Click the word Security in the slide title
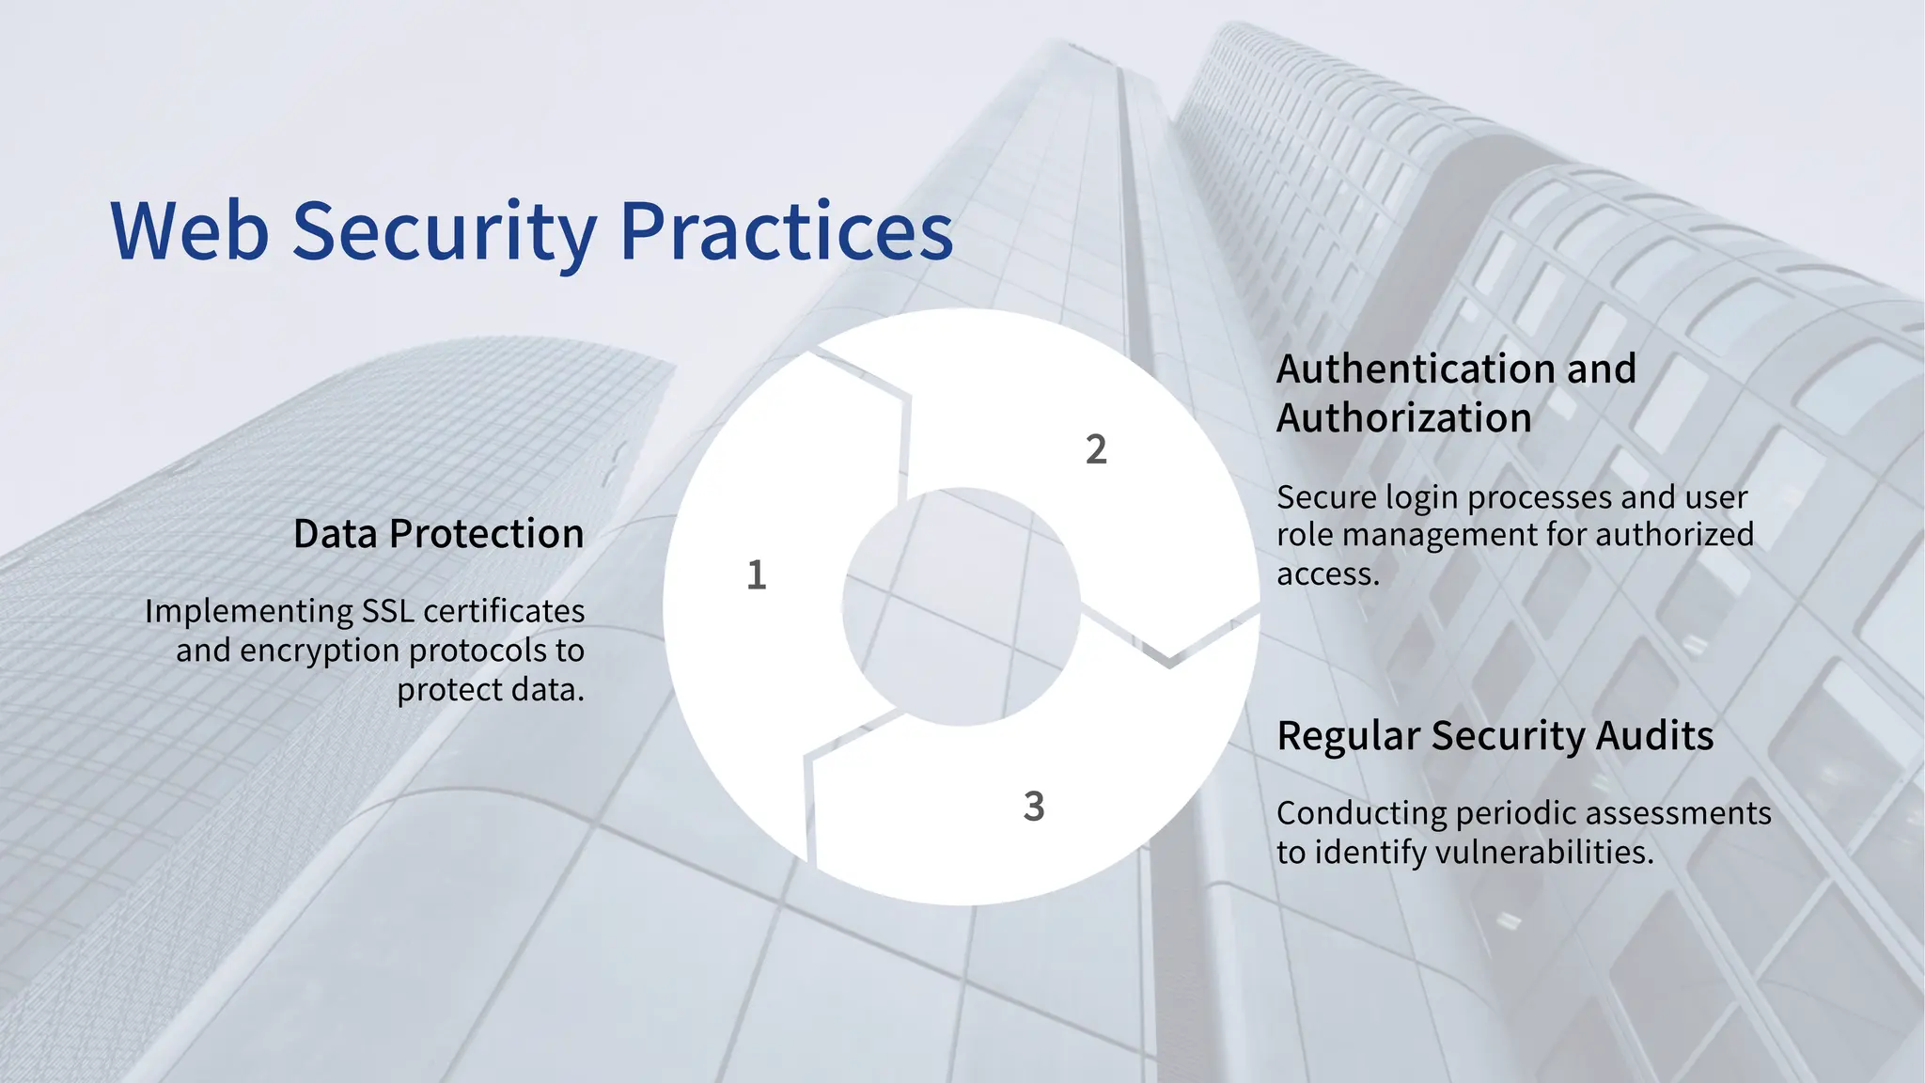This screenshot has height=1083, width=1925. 444,231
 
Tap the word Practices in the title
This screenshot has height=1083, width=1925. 787,231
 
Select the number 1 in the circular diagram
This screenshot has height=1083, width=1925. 757,575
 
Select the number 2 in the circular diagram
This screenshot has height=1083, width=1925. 1096,450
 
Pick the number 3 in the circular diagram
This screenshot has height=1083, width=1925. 1034,807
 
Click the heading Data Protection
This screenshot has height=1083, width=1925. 438,534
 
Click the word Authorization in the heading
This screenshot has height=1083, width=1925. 1403,418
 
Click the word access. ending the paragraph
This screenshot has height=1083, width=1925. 1327,574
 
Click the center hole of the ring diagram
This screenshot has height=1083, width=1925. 961,606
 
